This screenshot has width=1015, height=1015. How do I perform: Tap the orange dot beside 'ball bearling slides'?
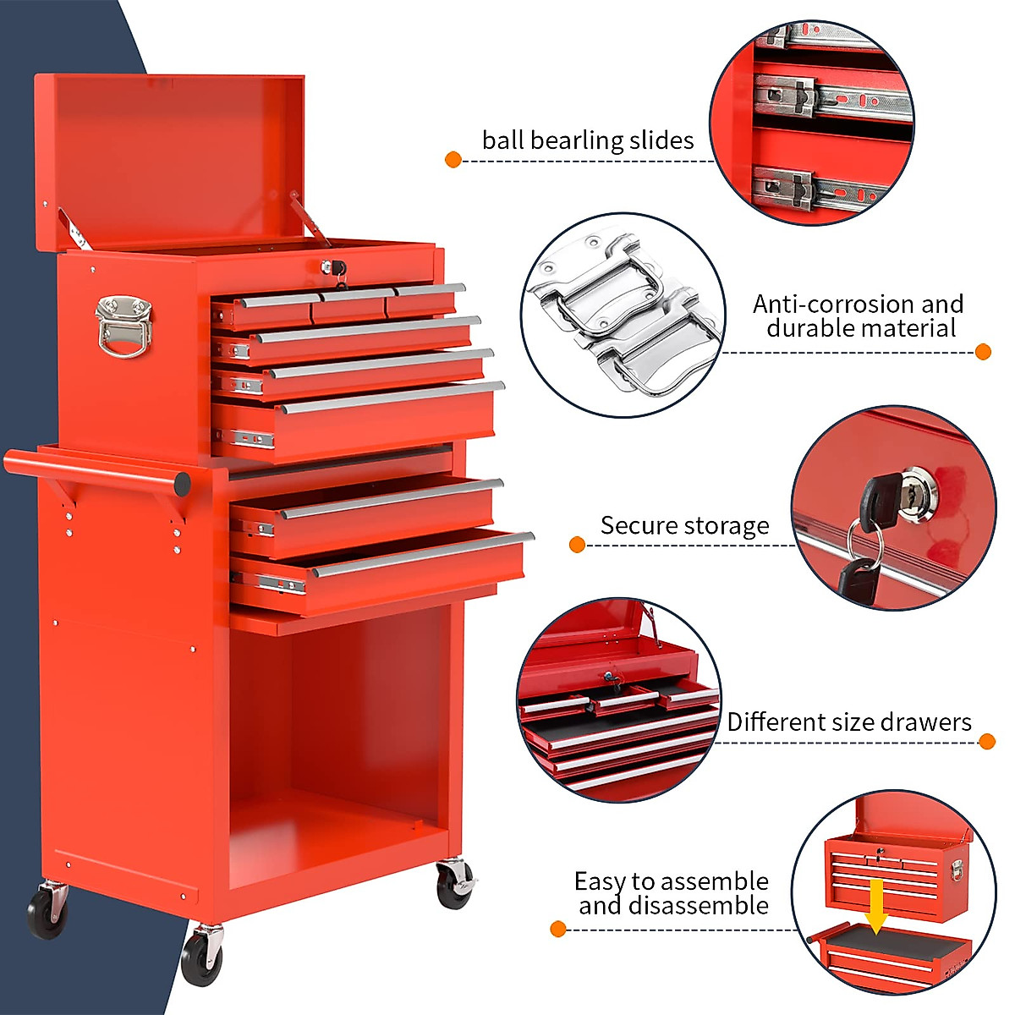tap(453, 159)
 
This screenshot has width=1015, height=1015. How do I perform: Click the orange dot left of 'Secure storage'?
tap(578, 545)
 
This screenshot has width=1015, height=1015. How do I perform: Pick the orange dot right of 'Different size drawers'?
tap(986, 742)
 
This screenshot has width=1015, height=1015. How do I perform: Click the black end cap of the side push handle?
tap(182, 484)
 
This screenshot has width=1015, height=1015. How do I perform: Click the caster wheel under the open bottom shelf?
tap(454, 885)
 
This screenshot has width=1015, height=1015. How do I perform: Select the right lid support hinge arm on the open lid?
tap(309, 217)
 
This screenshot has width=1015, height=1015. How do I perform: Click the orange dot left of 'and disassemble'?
tap(557, 929)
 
